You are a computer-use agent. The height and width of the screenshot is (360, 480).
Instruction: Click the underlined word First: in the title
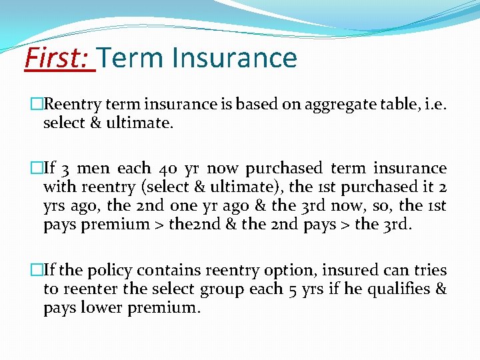click(x=59, y=58)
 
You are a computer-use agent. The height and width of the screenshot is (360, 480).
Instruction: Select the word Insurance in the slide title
click(x=235, y=58)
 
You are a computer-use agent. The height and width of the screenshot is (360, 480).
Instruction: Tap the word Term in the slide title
click(x=133, y=58)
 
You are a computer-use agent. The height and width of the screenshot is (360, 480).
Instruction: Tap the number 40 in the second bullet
click(x=165, y=169)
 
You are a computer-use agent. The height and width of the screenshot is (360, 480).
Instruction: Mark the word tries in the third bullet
click(x=429, y=271)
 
